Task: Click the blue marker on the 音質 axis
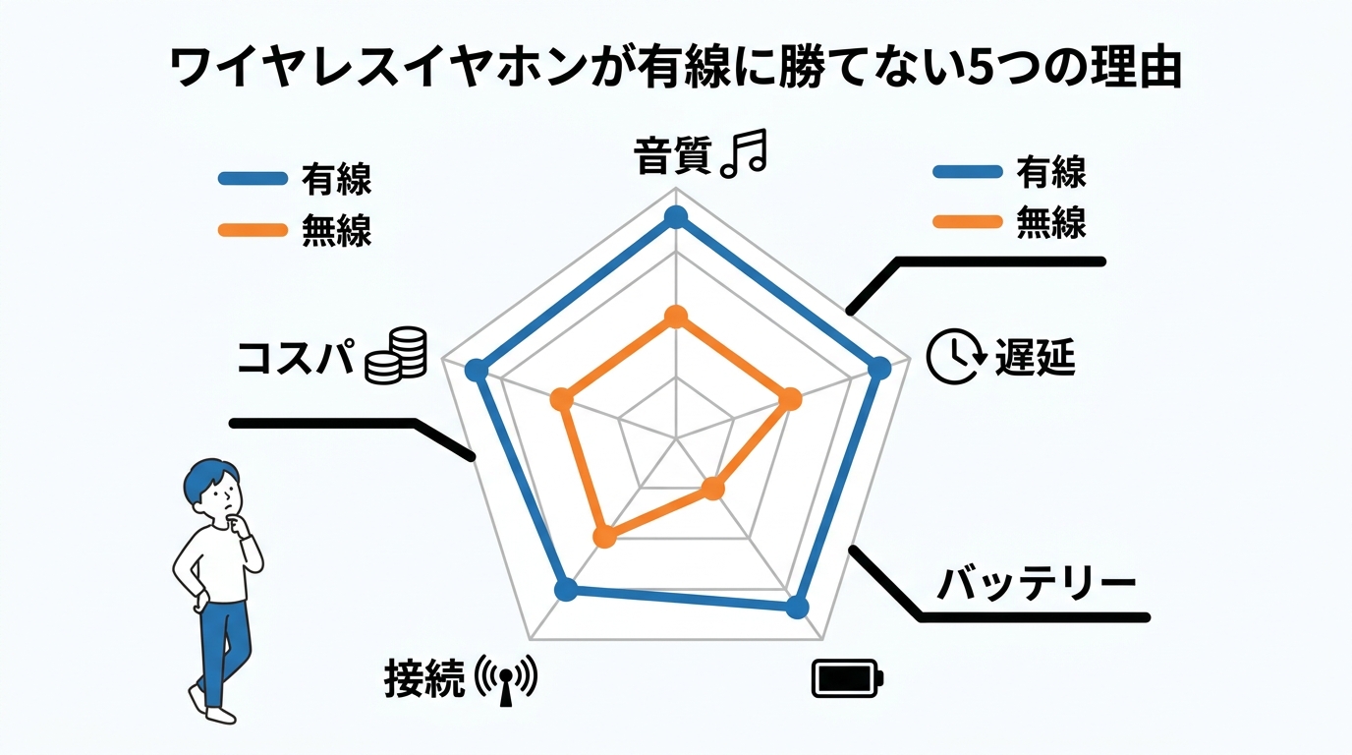[674, 217]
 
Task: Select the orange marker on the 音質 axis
[675, 317]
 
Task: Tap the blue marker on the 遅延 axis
[880, 369]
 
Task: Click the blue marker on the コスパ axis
[477, 371]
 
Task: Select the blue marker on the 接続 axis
[565, 589]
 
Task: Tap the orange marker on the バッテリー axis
[714, 489]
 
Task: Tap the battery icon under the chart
[847, 678]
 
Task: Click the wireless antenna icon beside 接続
[506, 679]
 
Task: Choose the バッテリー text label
[1036, 584]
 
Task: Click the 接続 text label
[423, 678]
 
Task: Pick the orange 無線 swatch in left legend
[252, 230]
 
